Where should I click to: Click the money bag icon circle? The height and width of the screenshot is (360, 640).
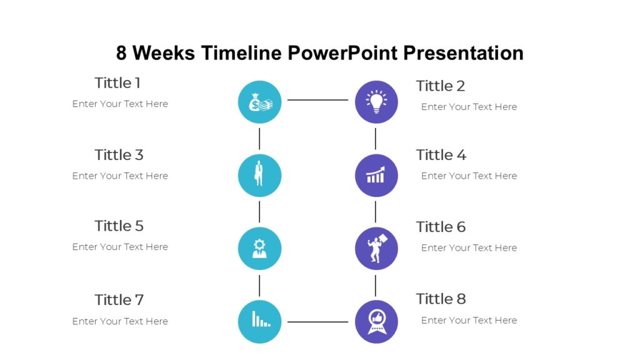pyautogui.click(x=259, y=102)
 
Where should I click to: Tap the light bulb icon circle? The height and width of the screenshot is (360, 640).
pyautogui.click(x=376, y=102)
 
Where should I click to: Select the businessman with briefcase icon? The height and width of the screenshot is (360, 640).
pyautogui.click(x=259, y=175)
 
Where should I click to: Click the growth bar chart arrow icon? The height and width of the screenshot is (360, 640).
pyautogui.click(x=376, y=176)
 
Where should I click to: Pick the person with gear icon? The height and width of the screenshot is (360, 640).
pyautogui.click(x=259, y=248)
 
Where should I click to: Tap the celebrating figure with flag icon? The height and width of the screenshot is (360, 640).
pyautogui.click(x=376, y=248)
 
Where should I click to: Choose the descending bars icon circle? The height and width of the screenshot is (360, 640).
pyautogui.click(x=259, y=321)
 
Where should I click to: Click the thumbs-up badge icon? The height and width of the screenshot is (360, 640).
pyautogui.click(x=376, y=321)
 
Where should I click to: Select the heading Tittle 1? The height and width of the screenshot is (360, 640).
pyautogui.click(x=117, y=82)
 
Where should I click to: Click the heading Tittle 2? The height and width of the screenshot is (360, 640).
pyautogui.click(x=441, y=86)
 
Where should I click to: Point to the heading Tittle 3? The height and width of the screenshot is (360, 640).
pyautogui.click(x=119, y=154)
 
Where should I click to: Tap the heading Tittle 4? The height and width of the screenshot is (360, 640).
pyautogui.click(x=441, y=154)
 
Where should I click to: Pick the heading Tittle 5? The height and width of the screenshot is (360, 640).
pyautogui.click(x=119, y=226)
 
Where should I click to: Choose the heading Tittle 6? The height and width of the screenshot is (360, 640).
pyautogui.click(x=441, y=227)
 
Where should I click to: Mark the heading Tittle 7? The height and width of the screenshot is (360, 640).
pyautogui.click(x=119, y=300)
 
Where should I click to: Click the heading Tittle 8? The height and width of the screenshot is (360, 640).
pyautogui.click(x=441, y=299)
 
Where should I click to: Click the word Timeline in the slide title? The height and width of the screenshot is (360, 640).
pyautogui.click(x=241, y=53)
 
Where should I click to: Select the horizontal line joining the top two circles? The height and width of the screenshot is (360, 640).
pyautogui.click(x=317, y=100)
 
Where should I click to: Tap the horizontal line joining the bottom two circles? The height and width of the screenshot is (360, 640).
pyautogui.click(x=317, y=322)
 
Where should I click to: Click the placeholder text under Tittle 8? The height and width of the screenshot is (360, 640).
pyautogui.click(x=469, y=320)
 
